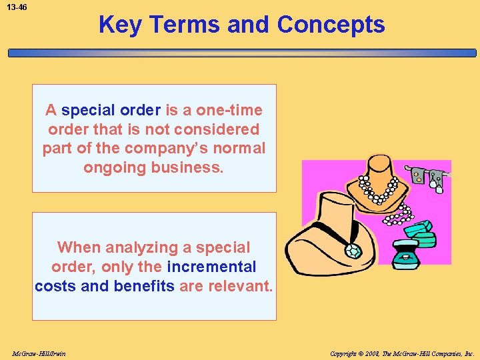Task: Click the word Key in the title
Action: pos(120,25)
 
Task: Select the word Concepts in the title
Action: pos(331,25)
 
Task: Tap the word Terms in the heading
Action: pos(184,25)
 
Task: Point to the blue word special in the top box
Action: pos(87,110)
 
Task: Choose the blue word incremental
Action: pos(211,267)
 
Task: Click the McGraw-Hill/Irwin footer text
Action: pos(39,353)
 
